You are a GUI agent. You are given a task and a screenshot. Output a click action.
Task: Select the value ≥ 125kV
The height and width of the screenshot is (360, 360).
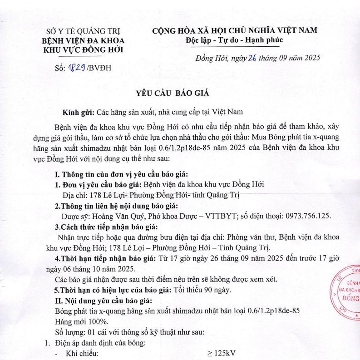tap(221, 353)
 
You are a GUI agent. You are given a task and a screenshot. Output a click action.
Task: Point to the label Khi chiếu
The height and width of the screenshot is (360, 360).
tap(83, 353)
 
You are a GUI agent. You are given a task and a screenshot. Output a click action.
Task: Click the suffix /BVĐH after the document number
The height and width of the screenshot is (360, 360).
tap(99, 69)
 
